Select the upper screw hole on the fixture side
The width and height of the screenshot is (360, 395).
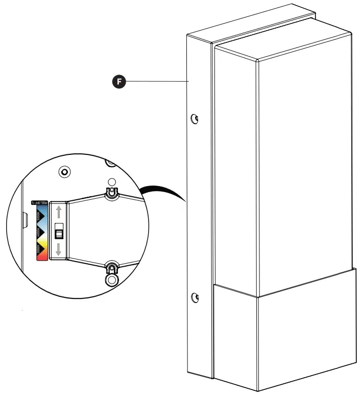[195, 119]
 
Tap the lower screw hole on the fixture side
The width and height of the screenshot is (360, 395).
[195, 297]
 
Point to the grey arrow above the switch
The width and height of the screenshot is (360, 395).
[59, 212]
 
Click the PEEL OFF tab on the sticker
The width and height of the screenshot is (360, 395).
[39, 202]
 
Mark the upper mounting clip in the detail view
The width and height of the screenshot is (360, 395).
[111, 193]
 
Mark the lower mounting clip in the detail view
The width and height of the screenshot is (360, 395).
[111, 267]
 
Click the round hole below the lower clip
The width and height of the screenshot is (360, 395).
[111, 280]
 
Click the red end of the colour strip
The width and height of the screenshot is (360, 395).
[41, 257]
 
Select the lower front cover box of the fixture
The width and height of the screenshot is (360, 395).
[283, 332]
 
